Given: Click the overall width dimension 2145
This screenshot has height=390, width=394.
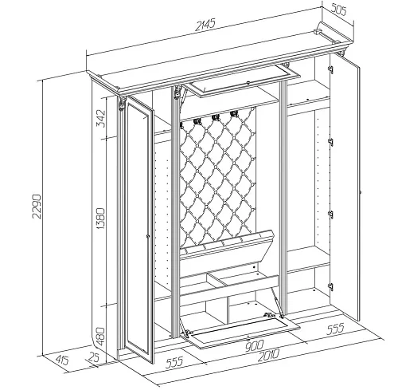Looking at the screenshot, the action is click(x=205, y=26).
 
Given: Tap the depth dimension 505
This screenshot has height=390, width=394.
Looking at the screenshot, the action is click(x=337, y=10).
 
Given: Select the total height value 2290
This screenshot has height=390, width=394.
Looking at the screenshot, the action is click(x=37, y=206).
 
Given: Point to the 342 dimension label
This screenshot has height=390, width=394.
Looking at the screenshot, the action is click(x=101, y=118).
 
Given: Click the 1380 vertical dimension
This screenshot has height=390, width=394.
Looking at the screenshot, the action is click(x=101, y=219).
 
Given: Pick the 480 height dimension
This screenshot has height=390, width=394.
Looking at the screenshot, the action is click(x=101, y=336).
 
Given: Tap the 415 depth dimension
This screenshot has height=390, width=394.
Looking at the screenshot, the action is click(x=62, y=360).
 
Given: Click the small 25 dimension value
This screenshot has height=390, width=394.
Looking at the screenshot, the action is click(x=94, y=357).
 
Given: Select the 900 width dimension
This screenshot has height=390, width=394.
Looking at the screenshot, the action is click(x=254, y=346).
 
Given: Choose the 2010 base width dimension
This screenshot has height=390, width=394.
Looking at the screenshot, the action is click(x=268, y=356).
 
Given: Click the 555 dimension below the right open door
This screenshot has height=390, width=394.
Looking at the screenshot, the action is click(x=335, y=329).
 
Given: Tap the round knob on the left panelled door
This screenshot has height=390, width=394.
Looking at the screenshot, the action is click(x=148, y=235).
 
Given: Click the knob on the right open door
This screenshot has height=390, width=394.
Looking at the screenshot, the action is click(x=360, y=191).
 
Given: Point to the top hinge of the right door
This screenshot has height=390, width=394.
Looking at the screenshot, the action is click(x=330, y=69).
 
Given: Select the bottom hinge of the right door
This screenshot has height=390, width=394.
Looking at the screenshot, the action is click(x=330, y=286).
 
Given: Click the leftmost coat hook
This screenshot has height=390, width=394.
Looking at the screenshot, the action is click(x=197, y=120).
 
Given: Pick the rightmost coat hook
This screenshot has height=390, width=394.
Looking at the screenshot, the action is click(x=233, y=114).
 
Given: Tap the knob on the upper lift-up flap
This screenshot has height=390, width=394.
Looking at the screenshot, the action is click(x=248, y=83).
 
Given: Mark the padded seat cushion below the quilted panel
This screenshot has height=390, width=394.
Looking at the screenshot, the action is click(x=227, y=244).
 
